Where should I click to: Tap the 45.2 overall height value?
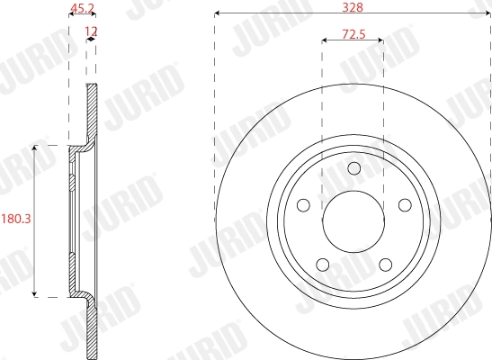tap(83, 9)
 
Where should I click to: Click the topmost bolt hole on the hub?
tap(353, 167)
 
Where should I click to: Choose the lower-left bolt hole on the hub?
tap(322, 263)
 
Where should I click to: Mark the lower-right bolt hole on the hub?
tap(384, 263)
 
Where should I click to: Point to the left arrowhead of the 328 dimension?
tap(218, 14)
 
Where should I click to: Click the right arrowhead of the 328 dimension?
tap(488, 14)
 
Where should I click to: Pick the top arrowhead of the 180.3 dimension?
tap(35, 146)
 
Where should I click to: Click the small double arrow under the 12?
tap(90, 41)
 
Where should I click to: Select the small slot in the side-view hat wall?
tap(71, 186)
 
